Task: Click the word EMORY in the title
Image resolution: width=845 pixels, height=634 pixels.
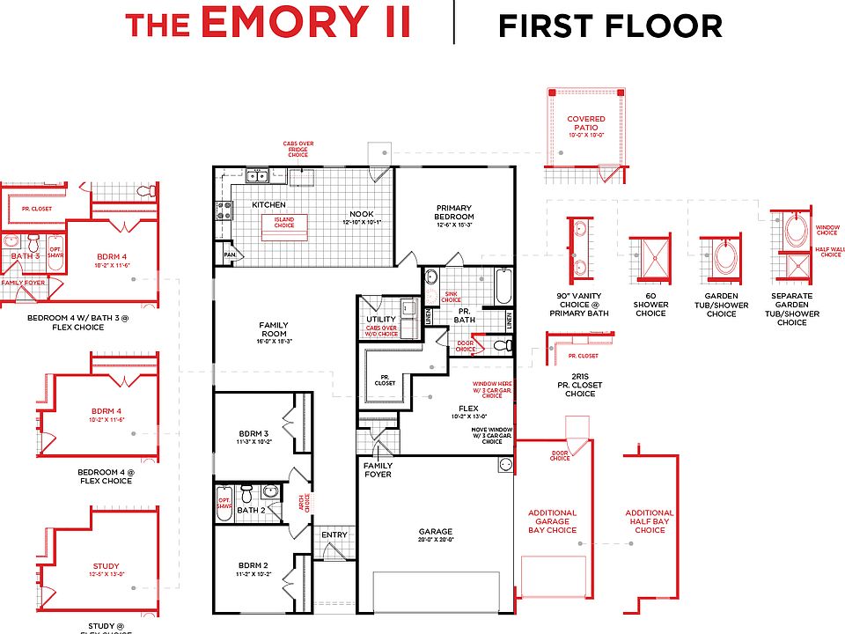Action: tap(307, 24)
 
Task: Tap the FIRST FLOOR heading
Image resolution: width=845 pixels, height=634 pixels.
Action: tap(610, 26)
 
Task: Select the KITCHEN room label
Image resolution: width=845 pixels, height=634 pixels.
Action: tap(269, 204)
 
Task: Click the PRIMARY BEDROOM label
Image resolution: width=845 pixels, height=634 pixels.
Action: tap(454, 212)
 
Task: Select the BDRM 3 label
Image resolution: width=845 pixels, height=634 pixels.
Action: tap(253, 433)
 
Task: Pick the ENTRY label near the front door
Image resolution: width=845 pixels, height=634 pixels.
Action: tap(334, 534)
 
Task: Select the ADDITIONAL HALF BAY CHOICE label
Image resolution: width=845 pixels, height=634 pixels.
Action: tap(650, 520)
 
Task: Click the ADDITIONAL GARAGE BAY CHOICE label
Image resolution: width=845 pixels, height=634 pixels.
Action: tap(552, 520)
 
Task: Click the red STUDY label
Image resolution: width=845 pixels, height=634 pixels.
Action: tap(106, 566)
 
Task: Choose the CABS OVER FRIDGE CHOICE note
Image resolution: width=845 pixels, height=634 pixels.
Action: tap(298, 149)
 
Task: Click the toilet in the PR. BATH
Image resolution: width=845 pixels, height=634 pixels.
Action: tap(499, 345)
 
